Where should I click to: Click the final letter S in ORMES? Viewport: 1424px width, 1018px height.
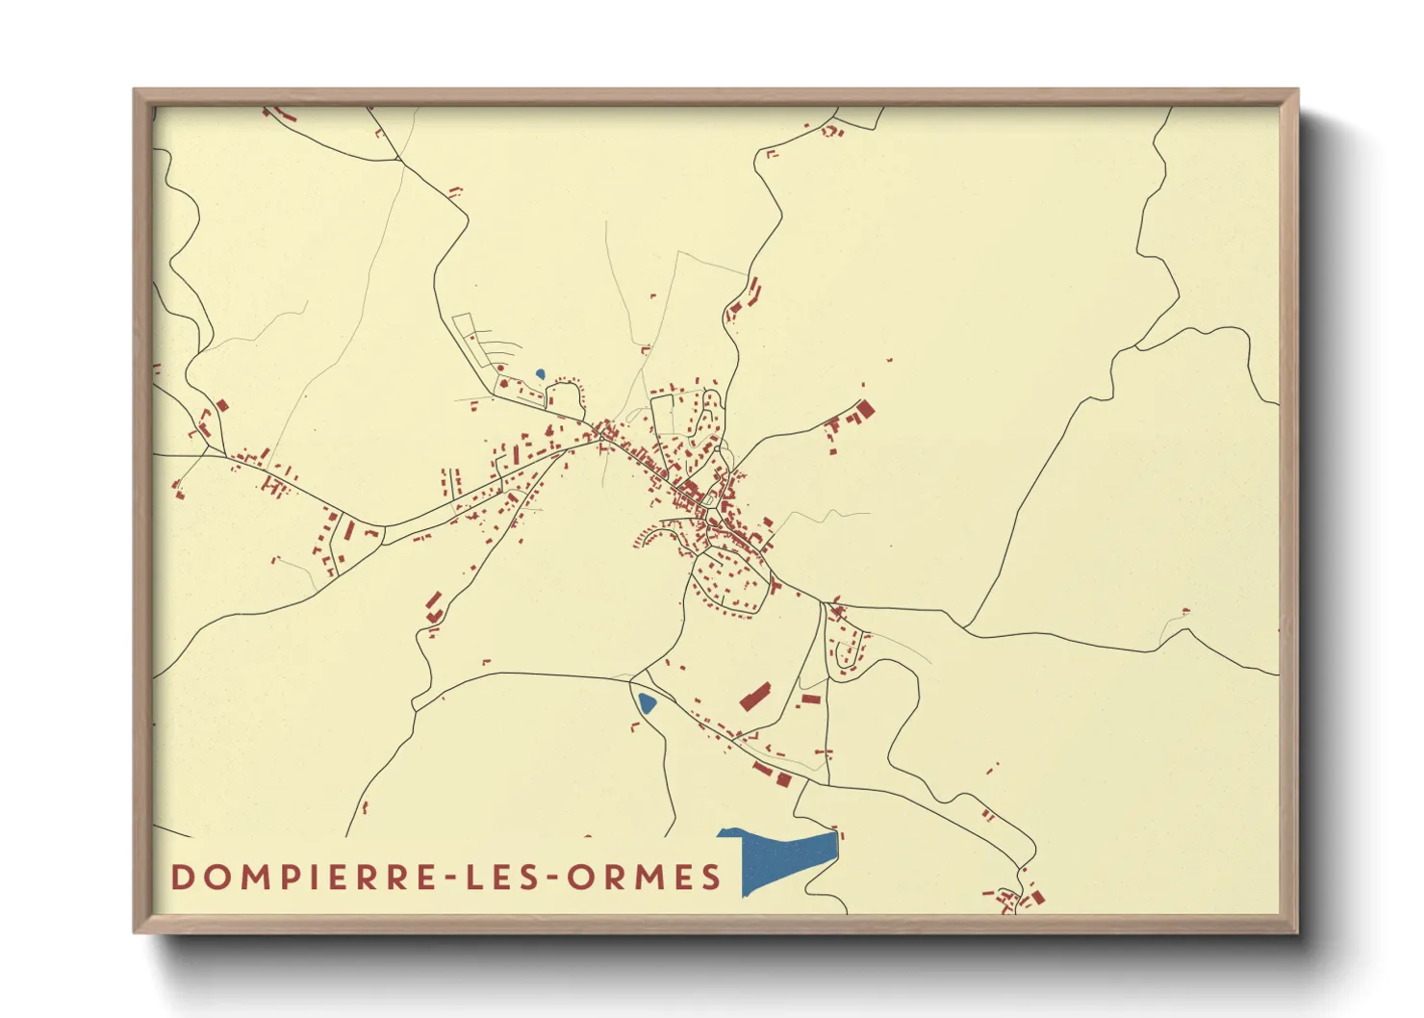(711, 878)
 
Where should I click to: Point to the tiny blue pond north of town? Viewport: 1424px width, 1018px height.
(540, 373)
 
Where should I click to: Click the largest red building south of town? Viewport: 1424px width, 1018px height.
(756, 696)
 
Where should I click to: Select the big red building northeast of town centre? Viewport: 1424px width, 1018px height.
(863, 411)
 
